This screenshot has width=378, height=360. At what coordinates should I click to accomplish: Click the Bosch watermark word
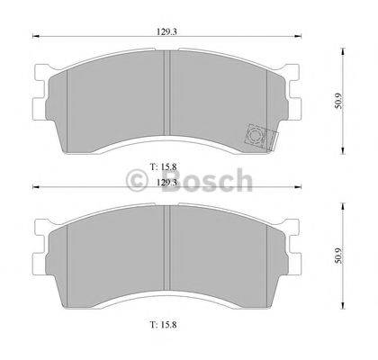[210, 183]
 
